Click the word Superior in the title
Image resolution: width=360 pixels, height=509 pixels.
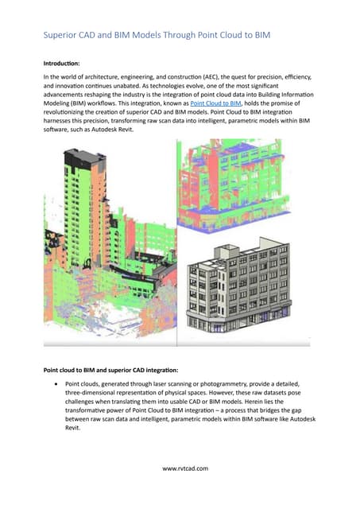[63, 36]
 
